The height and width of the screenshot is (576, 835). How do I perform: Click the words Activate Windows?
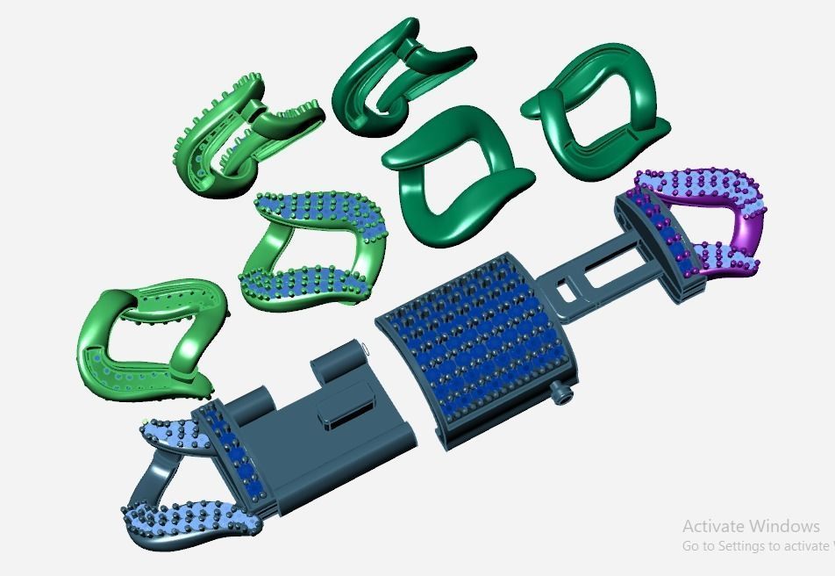[x=751, y=526]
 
